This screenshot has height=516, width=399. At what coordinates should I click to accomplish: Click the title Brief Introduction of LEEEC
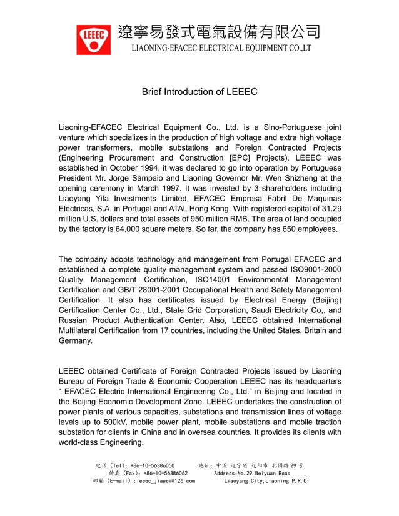[x=199, y=92]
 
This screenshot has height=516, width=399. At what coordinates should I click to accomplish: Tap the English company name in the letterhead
[x=220, y=48]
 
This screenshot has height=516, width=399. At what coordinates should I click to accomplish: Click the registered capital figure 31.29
[x=329, y=208]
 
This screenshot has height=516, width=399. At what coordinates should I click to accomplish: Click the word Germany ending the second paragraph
[x=75, y=340]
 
